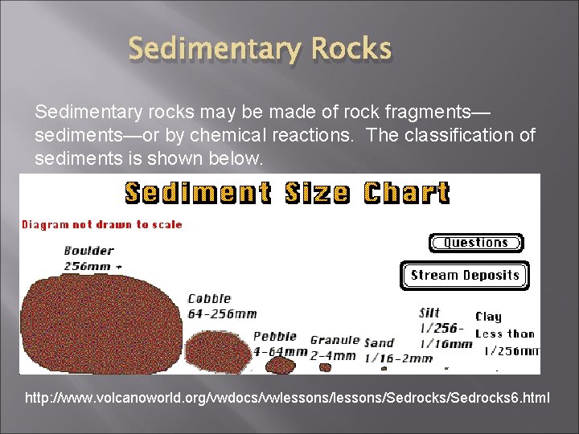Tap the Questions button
(x=475, y=243)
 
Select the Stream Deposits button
(x=465, y=276)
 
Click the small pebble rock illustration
(x=281, y=365)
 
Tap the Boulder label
(x=88, y=250)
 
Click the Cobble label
(x=209, y=299)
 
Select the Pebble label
(x=275, y=337)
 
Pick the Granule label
(x=334, y=340)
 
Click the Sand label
(x=379, y=342)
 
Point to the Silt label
(x=429, y=313)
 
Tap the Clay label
(x=488, y=317)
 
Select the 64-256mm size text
(x=222, y=313)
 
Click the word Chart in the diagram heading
(x=406, y=194)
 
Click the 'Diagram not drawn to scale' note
(x=102, y=225)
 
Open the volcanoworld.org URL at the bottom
(x=288, y=397)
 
